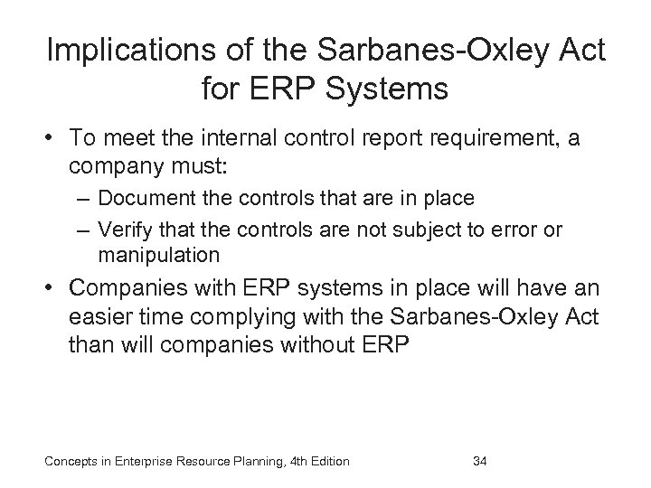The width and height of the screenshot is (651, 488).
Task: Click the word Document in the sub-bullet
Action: (x=143, y=199)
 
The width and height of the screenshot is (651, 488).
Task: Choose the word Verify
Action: (x=125, y=230)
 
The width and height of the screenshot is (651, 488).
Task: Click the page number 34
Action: (x=480, y=463)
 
